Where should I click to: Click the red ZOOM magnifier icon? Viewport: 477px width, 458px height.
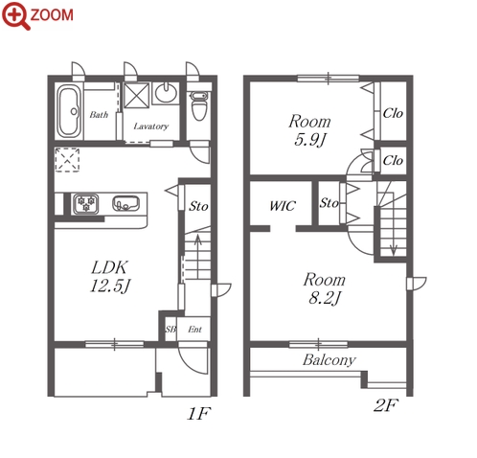[16, 15]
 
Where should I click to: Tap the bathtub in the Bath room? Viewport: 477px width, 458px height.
[69, 111]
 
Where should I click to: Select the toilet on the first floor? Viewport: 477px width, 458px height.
[199, 105]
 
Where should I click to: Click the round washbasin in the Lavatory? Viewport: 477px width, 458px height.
[166, 92]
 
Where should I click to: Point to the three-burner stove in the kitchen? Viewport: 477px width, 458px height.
[85, 204]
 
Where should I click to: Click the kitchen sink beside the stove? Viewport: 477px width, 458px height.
[125, 203]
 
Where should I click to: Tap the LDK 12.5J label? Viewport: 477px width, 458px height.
[110, 277]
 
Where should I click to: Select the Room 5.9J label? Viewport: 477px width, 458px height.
[309, 130]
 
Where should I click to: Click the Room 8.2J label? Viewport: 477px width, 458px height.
[325, 288]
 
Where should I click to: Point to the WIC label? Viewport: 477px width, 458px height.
[283, 206]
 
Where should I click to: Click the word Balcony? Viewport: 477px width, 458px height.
[329, 360]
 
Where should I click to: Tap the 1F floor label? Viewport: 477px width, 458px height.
[198, 414]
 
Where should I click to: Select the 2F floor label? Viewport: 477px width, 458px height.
[386, 405]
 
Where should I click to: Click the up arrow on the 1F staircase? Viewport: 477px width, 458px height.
[198, 257]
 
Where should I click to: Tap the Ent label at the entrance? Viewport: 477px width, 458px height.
[194, 329]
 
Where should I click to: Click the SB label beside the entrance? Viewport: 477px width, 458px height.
[170, 329]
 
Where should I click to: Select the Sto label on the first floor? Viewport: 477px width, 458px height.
[198, 206]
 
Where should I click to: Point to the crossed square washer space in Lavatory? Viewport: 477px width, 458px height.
[136, 95]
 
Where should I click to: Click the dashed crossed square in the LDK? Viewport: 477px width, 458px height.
[67, 160]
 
